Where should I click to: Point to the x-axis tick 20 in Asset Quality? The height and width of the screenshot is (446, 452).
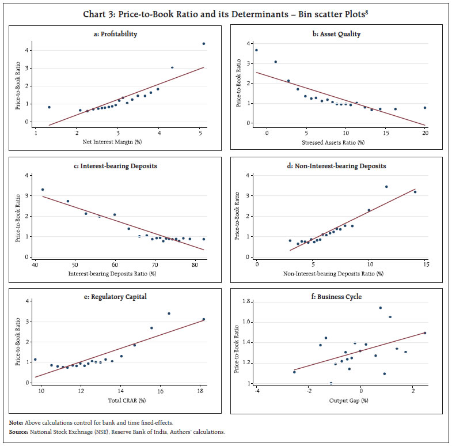[425, 133]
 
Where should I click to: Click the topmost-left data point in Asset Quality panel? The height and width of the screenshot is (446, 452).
[256, 50]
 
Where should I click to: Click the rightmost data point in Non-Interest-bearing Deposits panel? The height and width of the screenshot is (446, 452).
[415, 192]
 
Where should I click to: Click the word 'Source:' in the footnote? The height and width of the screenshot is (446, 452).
[19, 430]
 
